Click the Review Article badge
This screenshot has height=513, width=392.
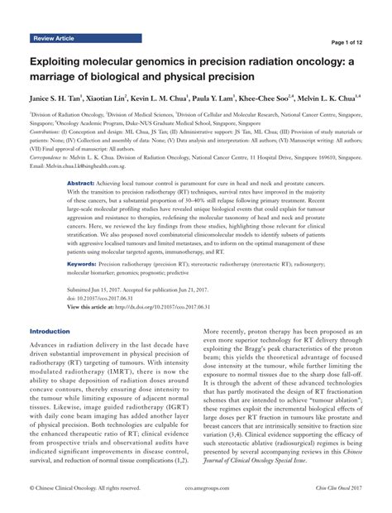point(55,39)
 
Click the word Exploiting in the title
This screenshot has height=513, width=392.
point(60,62)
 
